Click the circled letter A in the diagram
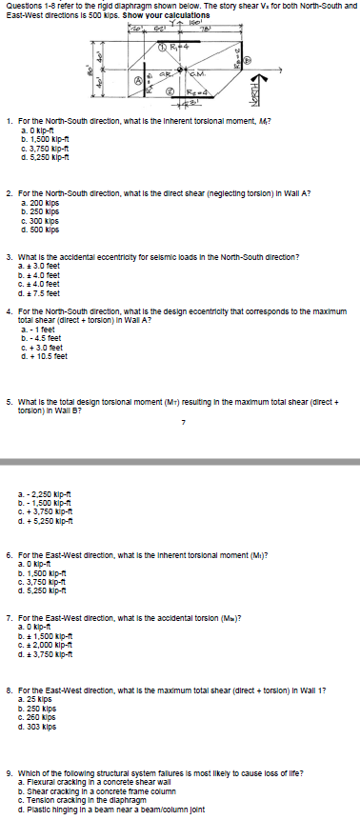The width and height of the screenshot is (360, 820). click(x=136, y=79)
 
